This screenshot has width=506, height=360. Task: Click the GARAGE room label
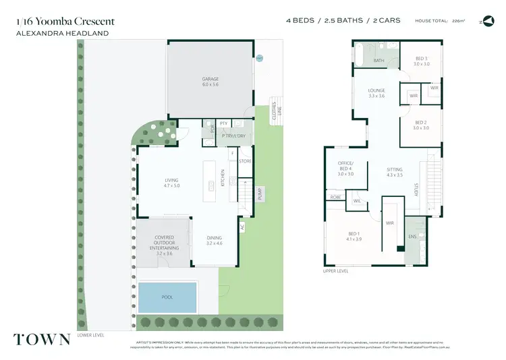[210, 82]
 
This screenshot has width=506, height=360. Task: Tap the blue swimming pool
[167, 297]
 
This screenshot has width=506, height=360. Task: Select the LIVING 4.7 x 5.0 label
[171, 183]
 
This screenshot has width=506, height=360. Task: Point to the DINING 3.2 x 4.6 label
[214, 241]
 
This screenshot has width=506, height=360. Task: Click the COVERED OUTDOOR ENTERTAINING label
[164, 245]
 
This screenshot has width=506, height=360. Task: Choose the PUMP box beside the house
[260, 194]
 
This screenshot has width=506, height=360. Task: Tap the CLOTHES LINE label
[275, 108]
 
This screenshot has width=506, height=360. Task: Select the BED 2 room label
[421, 125]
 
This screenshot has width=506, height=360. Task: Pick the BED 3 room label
[421, 61]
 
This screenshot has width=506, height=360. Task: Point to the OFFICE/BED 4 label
[345, 169]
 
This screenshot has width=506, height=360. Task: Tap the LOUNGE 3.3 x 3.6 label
[376, 93]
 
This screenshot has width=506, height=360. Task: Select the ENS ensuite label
[412, 236]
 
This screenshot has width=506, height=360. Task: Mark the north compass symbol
[487, 21]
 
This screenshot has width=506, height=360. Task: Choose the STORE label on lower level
[245, 161]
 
